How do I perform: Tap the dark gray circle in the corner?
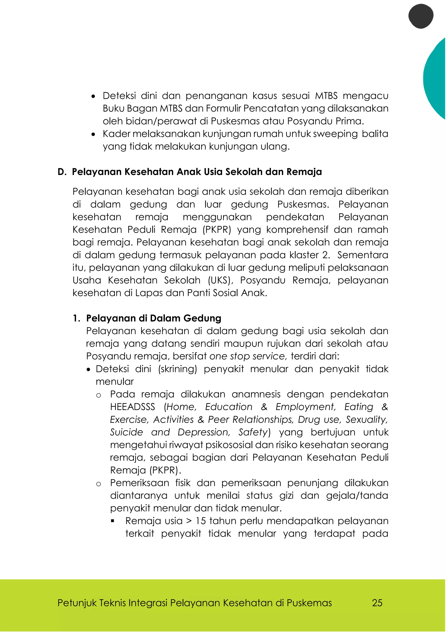click(x=421, y=16)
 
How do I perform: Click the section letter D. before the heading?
click(x=62, y=172)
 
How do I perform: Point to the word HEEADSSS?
click(x=133, y=407)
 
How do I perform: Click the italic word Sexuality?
click(x=367, y=420)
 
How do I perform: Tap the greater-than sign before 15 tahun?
click(x=189, y=521)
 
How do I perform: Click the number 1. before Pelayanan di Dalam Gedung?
click(x=76, y=318)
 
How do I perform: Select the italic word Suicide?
click(x=127, y=432)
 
